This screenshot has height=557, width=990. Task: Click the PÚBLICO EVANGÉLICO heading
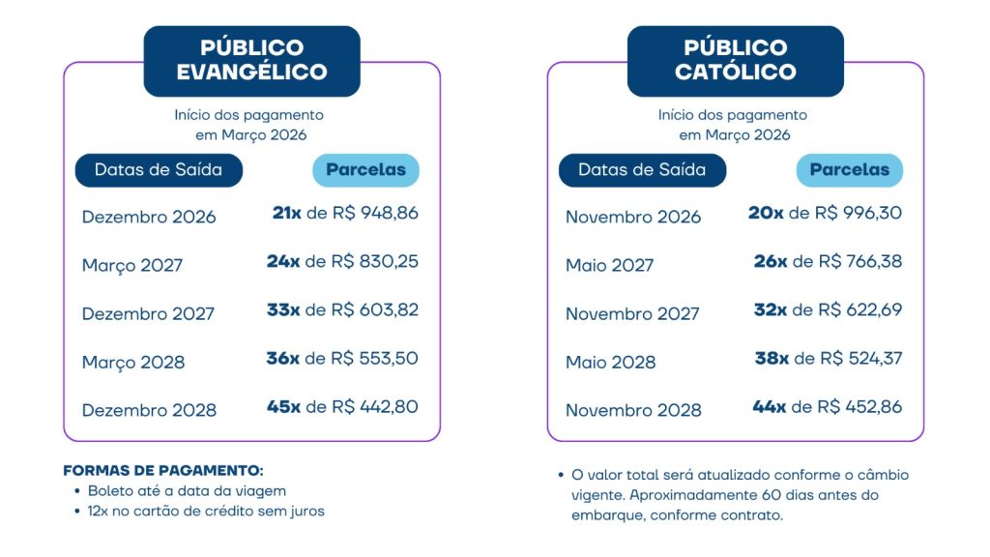point(251,60)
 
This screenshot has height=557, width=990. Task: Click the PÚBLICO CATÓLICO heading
point(735,60)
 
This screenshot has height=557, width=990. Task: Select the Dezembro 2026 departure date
point(149,217)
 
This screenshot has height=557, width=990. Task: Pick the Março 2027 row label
point(132,265)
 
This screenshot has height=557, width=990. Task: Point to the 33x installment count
point(283,309)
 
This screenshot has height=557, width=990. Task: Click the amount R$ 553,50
point(375,358)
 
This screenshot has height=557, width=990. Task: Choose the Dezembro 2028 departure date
point(149,410)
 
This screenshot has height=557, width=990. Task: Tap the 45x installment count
point(283,406)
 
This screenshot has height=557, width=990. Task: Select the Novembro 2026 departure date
point(633,217)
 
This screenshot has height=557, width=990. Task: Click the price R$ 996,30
point(859,213)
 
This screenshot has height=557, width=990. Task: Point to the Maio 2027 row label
point(610,265)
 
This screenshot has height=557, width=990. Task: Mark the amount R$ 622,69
point(859,309)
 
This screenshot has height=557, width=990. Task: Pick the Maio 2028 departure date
point(611,362)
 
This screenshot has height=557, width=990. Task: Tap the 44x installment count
point(769,406)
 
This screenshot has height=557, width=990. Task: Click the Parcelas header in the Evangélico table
point(365,170)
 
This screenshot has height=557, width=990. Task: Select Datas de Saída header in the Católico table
point(642,170)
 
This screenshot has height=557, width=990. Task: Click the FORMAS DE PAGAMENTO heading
point(162,471)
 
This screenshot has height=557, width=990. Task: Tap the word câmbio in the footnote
point(882,475)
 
